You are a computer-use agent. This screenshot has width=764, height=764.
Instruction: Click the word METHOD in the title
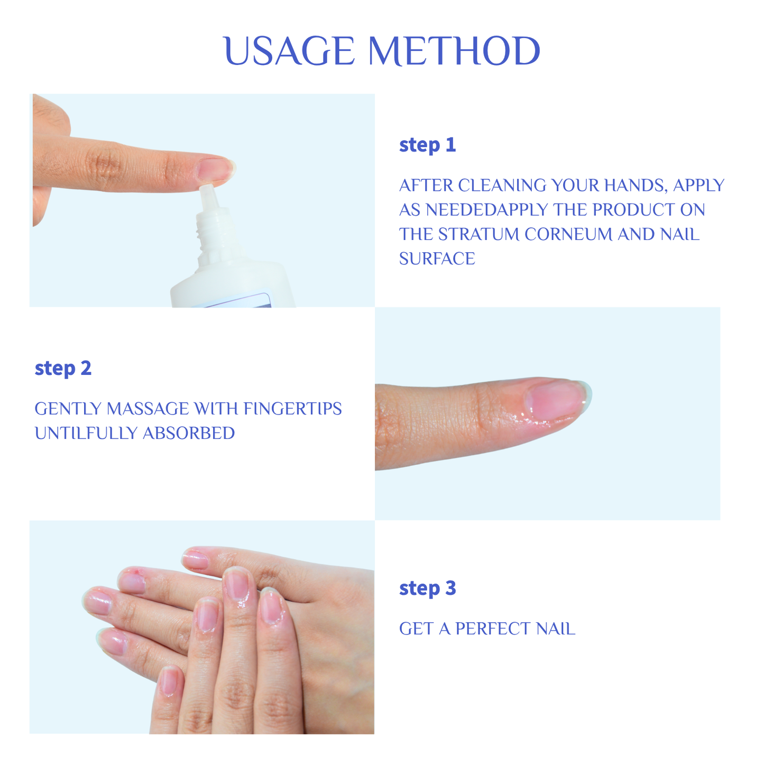tap(454, 52)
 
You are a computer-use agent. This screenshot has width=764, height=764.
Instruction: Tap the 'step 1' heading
tap(427, 145)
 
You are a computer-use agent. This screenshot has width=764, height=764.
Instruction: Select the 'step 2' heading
tap(63, 369)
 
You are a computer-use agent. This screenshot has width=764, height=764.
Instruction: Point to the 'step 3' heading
tap(427, 588)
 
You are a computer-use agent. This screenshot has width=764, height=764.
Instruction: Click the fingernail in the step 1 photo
tap(214, 169)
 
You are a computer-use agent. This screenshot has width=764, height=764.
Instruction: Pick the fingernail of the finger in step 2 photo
tap(555, 398)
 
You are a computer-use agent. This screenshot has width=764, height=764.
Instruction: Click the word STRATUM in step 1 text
tap(479, 234)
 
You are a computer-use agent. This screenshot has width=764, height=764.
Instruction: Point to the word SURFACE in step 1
tap(437, 259)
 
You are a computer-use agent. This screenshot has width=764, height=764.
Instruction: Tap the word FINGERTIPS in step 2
tap(292, 409)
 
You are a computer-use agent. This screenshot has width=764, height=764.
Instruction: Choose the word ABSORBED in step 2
tap(189, 433)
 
